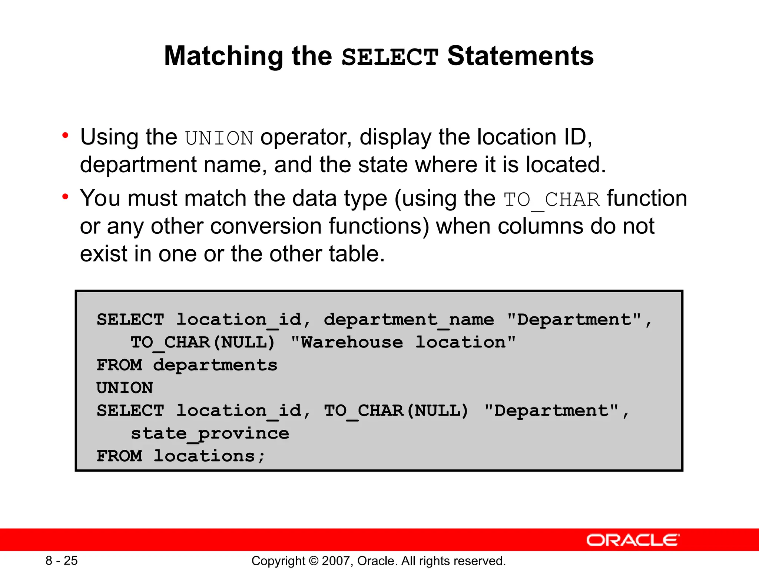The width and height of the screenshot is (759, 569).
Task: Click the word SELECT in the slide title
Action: tap(390, 57)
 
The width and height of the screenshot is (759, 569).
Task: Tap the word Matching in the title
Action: tap(224, 56)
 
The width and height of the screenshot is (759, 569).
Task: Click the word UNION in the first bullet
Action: tap(219, 139)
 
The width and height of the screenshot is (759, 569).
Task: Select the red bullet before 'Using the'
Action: tap(66, 136)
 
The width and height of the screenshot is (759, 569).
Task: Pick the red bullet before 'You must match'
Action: tap(66, 197)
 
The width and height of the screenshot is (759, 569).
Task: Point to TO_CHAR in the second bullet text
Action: tap(551, 200)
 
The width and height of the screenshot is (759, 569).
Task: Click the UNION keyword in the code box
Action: tap(125, 388)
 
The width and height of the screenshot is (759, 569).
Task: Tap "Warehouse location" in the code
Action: tap(403, 342)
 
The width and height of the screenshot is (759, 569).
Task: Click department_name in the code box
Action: tap(409, 320)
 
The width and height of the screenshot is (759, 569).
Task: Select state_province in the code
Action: tap(210, 433)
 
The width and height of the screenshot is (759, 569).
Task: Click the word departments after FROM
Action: tap(215, 365)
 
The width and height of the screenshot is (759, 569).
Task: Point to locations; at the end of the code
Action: tap(209, 456)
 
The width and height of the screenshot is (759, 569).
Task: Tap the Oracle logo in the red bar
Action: tap(633, 540)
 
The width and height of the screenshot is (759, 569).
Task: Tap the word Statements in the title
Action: tap(520, 56)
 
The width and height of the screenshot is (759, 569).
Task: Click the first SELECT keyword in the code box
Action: tap(130, 320)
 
